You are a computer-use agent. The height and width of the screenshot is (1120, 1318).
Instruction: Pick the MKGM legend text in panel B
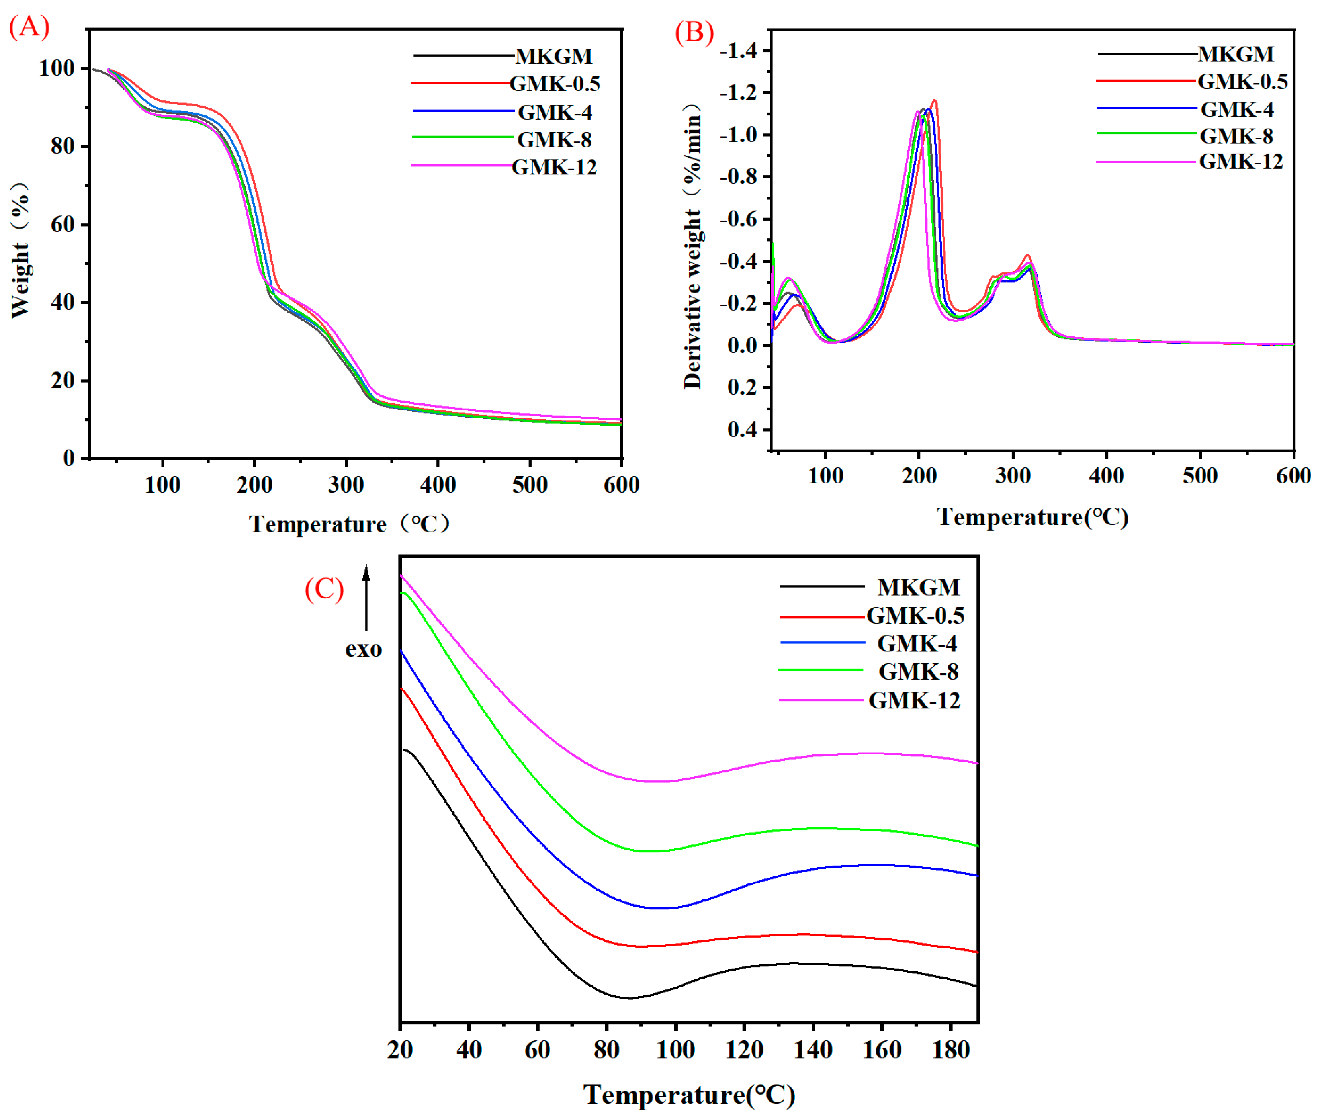pyautogui.click(x=1236, y=54)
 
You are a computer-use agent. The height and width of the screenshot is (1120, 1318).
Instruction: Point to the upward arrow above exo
pyautogui.click(x=366, y=597)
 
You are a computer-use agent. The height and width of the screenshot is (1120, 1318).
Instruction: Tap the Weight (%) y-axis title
pyautogui.click(x=20, y=249)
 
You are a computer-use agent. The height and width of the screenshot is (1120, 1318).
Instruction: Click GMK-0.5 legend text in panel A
pyautogui.click(x=554, y=83)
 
